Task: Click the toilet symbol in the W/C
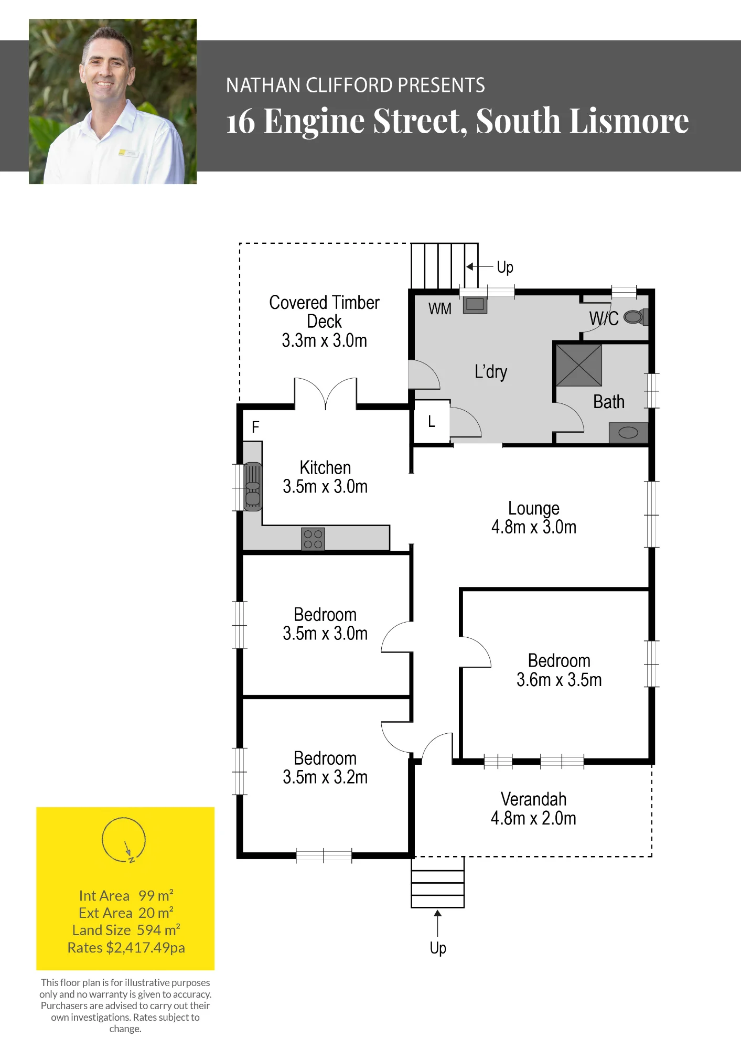tap(636, 317)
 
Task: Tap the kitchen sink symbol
tap(253, 487)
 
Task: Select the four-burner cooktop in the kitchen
tap(313, 539)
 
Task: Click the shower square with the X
tap(579, 365)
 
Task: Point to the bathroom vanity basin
tap(628, 433)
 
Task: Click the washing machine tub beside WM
tap(475, 305)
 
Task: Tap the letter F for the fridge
tap(255, 427)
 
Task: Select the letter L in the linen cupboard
tap(432, 421)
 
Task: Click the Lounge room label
tap(534, 508)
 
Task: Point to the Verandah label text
tap(533, 799)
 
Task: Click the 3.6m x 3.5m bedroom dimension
tap(559, 680)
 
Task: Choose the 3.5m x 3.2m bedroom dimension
tap(325, 777)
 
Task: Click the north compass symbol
tap(124, 840)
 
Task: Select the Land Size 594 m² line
tap(126, 930)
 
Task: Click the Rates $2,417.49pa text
tap(126, 948)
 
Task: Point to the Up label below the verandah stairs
tap(438, 948)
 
